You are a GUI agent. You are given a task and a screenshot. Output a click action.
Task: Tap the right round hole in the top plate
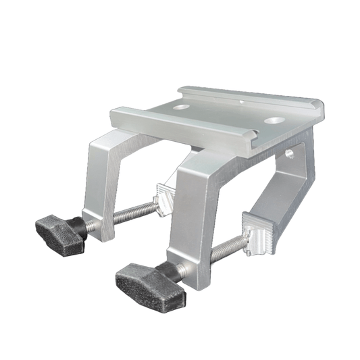tap(274, 120)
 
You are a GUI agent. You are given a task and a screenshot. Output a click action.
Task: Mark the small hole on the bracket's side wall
tap(291, 154)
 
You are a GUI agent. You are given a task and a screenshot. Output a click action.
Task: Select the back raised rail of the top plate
tap(250, 94)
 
